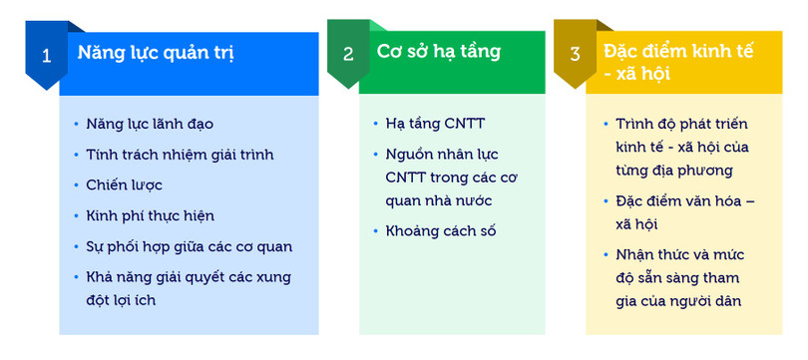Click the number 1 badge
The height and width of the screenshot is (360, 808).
pos(46,55)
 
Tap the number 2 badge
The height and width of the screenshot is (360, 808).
pos(348,55)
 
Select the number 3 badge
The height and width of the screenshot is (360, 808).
pos(575,55)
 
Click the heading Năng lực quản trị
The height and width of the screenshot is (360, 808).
pos(156,52)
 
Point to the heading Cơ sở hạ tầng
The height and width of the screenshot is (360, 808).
pos(439,51)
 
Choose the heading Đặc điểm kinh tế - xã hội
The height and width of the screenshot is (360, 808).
pos(675,62)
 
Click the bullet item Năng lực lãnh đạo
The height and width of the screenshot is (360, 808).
pos(151,125)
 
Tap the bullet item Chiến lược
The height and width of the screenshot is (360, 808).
pos(125,185)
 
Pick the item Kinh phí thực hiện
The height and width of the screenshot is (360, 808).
pos(151,215)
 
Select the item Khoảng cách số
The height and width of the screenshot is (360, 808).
pos(441,231)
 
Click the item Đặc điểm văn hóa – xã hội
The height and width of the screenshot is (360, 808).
pos(684,211)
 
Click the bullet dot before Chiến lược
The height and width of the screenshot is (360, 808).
pos(77,186)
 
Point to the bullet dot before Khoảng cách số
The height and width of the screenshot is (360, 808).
pos(375,232)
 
